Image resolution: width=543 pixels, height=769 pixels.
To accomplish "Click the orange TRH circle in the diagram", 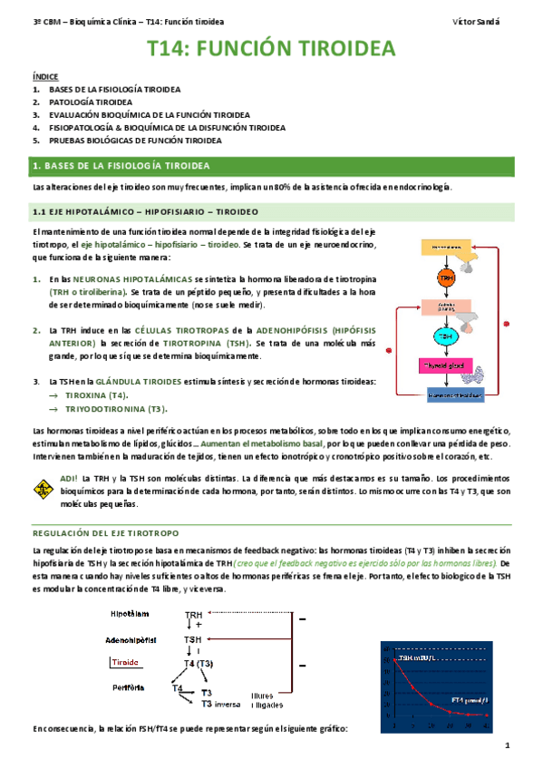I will [444, 277].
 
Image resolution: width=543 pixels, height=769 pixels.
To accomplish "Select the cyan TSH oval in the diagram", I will [444, 336].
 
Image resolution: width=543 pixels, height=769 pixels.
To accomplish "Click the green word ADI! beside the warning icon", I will [68, 478].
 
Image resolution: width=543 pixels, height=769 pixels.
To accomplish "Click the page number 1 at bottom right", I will [509, 745].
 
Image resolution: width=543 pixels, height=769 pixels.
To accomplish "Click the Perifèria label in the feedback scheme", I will [130, 687].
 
